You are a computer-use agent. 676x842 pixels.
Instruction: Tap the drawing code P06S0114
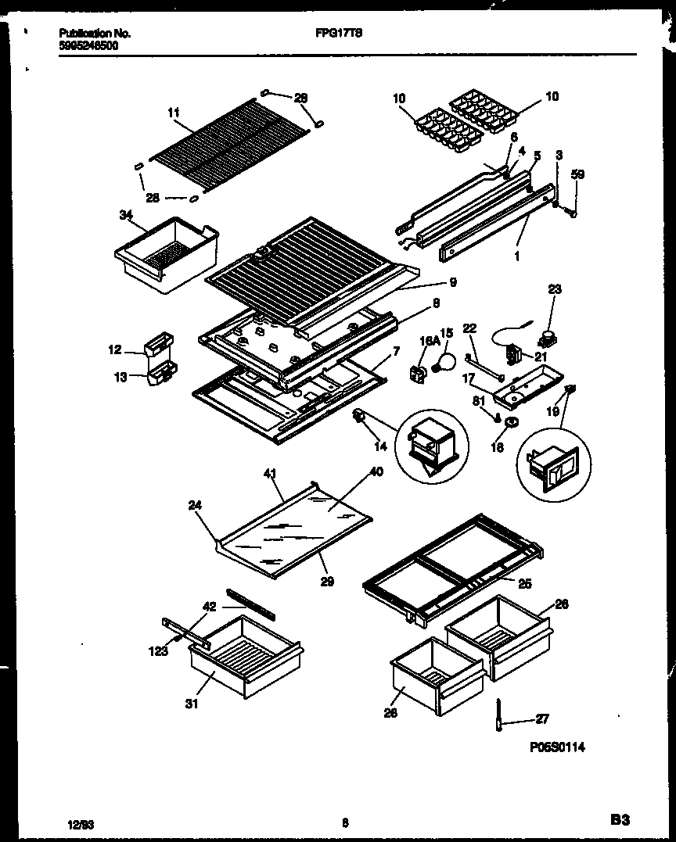(556, 747)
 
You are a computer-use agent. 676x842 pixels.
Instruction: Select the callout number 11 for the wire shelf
(173, 113)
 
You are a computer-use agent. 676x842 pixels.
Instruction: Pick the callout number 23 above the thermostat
(554, 288)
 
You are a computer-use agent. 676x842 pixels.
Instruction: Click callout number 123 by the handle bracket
(160, 650)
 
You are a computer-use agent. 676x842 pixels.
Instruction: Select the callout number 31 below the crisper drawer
(192, 704)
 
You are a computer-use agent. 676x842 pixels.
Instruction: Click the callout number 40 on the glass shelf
(376, 471)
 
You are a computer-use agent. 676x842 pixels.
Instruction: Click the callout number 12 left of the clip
(115, 350)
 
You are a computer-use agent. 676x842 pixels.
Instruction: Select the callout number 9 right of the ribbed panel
(453, 282)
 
